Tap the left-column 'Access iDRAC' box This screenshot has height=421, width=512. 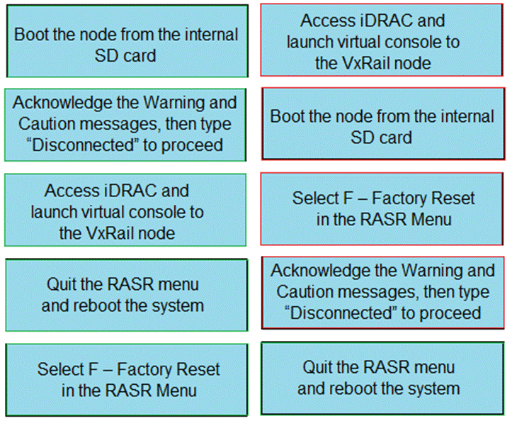click(x=126, y=210)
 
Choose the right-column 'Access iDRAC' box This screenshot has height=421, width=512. click(x=382, y=40)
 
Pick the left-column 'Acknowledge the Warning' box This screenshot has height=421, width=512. click(x=126, y=123)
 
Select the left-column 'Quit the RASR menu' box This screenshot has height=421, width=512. click(x=126, y=295)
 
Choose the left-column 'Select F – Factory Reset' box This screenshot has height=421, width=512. click(x=126, y=379)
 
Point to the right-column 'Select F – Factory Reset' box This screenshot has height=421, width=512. click(x=382, y=208)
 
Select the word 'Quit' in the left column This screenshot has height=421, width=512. click(x=62, y=284)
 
